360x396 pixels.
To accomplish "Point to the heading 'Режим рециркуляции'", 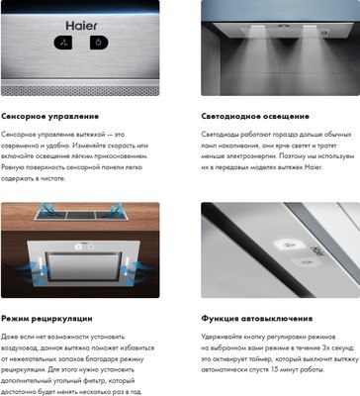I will coord(47,319).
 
